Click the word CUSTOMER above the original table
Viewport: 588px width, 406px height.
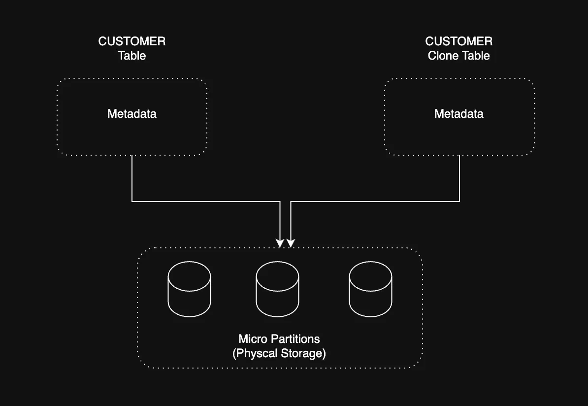(x=131, y=41)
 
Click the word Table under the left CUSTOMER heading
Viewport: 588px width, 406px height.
(x=131, y=56)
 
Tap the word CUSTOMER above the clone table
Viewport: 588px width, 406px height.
(x=458, y=41)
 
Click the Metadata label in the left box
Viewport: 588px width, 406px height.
(x=131, y=114)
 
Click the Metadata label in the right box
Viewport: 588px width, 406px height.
(x=458, y=114)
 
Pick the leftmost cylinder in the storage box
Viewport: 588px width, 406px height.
(x=189, y=290)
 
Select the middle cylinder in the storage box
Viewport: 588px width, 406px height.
(x=277, y=290)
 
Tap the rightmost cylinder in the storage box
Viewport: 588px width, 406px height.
(x=370, y=290)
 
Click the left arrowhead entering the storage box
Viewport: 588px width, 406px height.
(x=280, y=243)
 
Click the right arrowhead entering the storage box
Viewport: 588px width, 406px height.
(x=291, y=243)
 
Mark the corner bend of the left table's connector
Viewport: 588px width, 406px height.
(x=132, y=201)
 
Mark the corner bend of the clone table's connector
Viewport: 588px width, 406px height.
(x=459, y=201)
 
